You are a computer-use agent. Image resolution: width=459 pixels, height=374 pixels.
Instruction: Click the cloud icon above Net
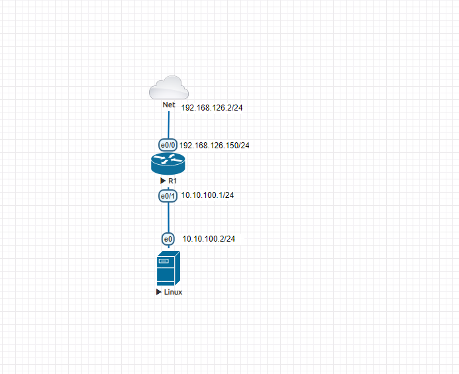[168, 88]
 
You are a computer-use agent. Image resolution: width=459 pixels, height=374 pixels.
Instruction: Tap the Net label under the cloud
[169, 105]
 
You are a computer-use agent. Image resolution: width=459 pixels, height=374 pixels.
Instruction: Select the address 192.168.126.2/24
[212, 107]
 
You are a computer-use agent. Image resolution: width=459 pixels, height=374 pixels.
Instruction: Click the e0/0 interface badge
[168, 144]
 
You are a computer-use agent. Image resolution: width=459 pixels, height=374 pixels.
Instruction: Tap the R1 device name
[172, 181]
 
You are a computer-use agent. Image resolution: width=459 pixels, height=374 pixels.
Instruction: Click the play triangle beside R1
[162, 181]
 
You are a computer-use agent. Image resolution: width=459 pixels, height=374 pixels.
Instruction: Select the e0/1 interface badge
[168, 196]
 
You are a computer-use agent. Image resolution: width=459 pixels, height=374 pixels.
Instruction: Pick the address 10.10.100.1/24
[207, 195]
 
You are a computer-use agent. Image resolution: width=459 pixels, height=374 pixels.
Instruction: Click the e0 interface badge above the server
[168, 239]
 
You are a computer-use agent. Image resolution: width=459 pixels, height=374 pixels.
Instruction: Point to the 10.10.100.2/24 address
[209, 238]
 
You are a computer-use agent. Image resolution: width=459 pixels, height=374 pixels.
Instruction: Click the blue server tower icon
[168, 268]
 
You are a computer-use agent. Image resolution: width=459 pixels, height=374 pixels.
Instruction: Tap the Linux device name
[172, 292]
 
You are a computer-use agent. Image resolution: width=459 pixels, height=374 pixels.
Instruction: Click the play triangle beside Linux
[158, 292]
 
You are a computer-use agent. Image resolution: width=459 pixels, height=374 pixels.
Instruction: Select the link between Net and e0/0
[169, 124]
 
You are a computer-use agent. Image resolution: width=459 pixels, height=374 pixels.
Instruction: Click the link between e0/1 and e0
[168, 217]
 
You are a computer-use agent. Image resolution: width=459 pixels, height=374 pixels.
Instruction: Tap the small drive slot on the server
[163, 261]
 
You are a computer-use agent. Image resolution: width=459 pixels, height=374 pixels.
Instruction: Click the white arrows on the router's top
[168, 158]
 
